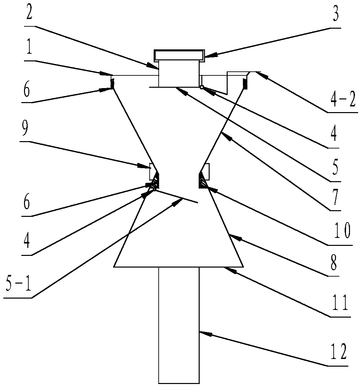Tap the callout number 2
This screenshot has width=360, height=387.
pos(28,12)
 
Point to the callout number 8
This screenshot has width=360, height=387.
pos(333,264)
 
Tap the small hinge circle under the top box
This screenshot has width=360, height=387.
pos(202,87)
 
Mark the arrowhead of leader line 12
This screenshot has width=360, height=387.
pos(201,332)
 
